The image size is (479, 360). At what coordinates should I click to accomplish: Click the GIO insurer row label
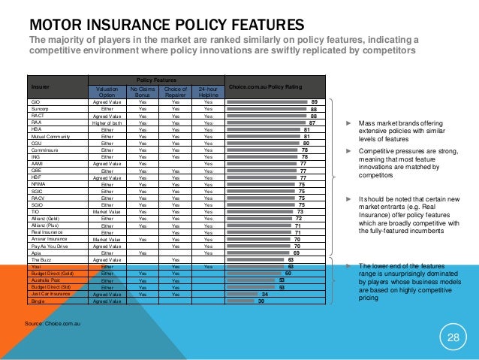pyautogui.click(x=35, y=101)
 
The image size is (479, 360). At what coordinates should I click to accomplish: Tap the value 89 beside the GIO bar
pyautogui.click(x=314, y=101)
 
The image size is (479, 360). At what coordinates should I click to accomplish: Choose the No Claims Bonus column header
pyautogui.click(x=143, y=91)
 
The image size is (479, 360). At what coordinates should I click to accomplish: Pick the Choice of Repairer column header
pyautogui.click(x=176, y=91)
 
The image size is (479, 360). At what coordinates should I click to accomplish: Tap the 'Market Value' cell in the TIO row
pyautogui.click(x=107, y=212)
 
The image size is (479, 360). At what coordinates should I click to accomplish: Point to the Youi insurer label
pyautogui.click(x=35, y=267)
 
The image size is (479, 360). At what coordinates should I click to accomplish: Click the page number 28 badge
pyautogui.click(x=453, y=337)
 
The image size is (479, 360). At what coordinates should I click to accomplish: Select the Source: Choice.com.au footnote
pyautogui.click(x=53, y=322)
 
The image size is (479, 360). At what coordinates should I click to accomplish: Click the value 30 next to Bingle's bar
pyautogui.click(x=261, y=301)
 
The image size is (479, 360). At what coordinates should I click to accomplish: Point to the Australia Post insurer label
pyautogui.click(x=44, y=280)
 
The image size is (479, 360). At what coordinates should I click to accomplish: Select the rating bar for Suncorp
pyautogui.click(x=267, y=108)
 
